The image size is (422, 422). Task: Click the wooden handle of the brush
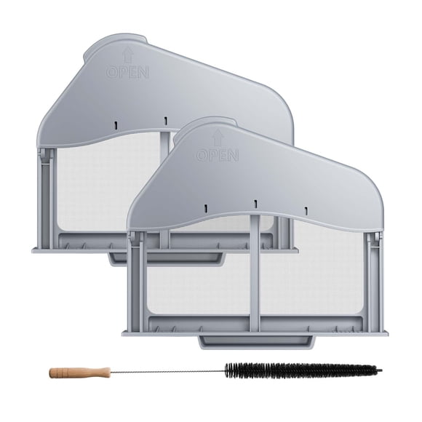[80, 373]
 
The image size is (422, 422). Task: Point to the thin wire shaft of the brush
[167, 372]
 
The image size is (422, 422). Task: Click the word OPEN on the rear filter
[127, 72]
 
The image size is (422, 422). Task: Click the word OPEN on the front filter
[218, 155]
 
